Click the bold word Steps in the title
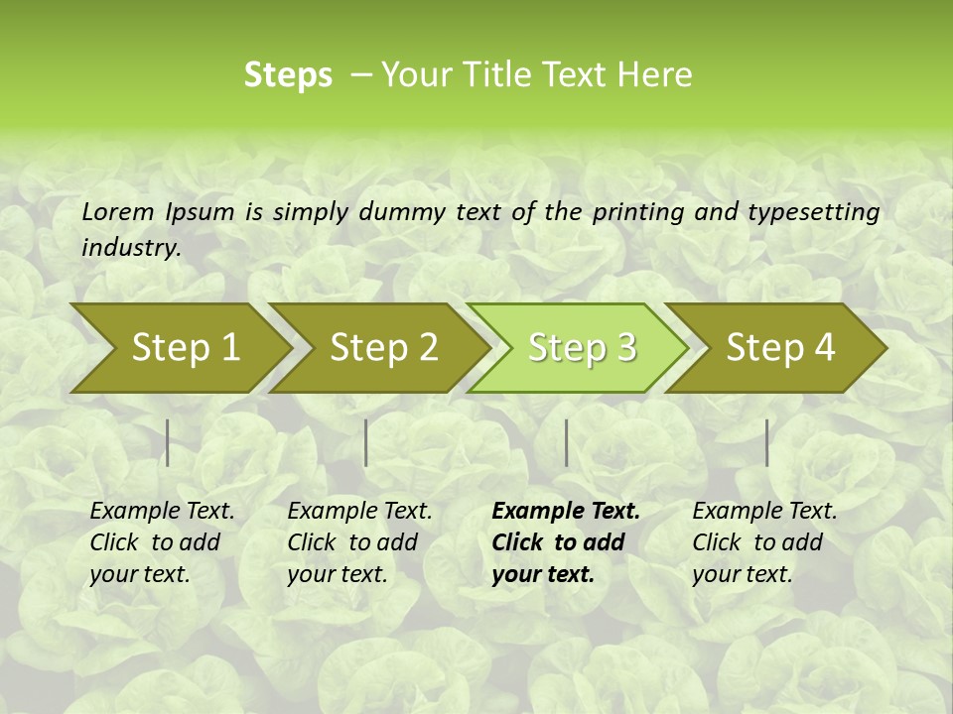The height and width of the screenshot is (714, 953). click(288, 75)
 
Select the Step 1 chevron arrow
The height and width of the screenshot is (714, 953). click(179, 348)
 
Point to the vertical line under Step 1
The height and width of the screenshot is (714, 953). click(168, 442)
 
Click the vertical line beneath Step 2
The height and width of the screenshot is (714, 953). click(366, 442)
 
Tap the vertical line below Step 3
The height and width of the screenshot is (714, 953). click(566, 442)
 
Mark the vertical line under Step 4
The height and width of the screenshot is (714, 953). click(766, 442)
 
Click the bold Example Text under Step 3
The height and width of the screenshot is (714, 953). click(566, 541)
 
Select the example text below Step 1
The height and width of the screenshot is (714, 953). click(162, 541)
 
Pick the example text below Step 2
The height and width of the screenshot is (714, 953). click(359, 541)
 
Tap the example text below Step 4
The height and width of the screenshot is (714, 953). click(764, 541)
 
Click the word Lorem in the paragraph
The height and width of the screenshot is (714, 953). click(117, 212)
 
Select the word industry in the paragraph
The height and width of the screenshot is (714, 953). click(130, 248)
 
